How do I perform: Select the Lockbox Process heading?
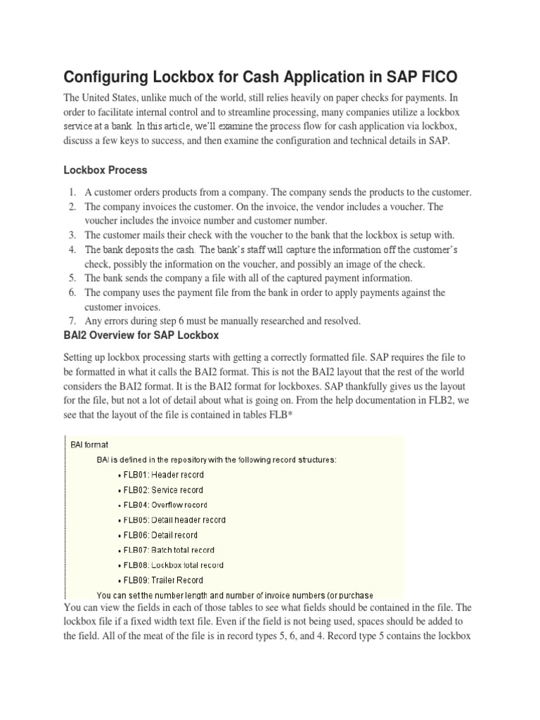tap(105, 170)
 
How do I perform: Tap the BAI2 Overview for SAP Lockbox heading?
tap(141, 335)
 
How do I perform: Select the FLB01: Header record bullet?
tap(163, 475)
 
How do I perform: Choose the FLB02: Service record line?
tap(163, 490)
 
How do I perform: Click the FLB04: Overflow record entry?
tap(165, 505)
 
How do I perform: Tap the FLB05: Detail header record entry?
tap(174, 520)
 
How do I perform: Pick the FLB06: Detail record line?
tap(160, 535)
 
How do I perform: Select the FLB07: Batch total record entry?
tap(169, 550)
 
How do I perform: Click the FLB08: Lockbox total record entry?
tap(173, 565)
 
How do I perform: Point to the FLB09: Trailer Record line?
tap(163, 580)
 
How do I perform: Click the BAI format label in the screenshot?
tap(88, 444)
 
